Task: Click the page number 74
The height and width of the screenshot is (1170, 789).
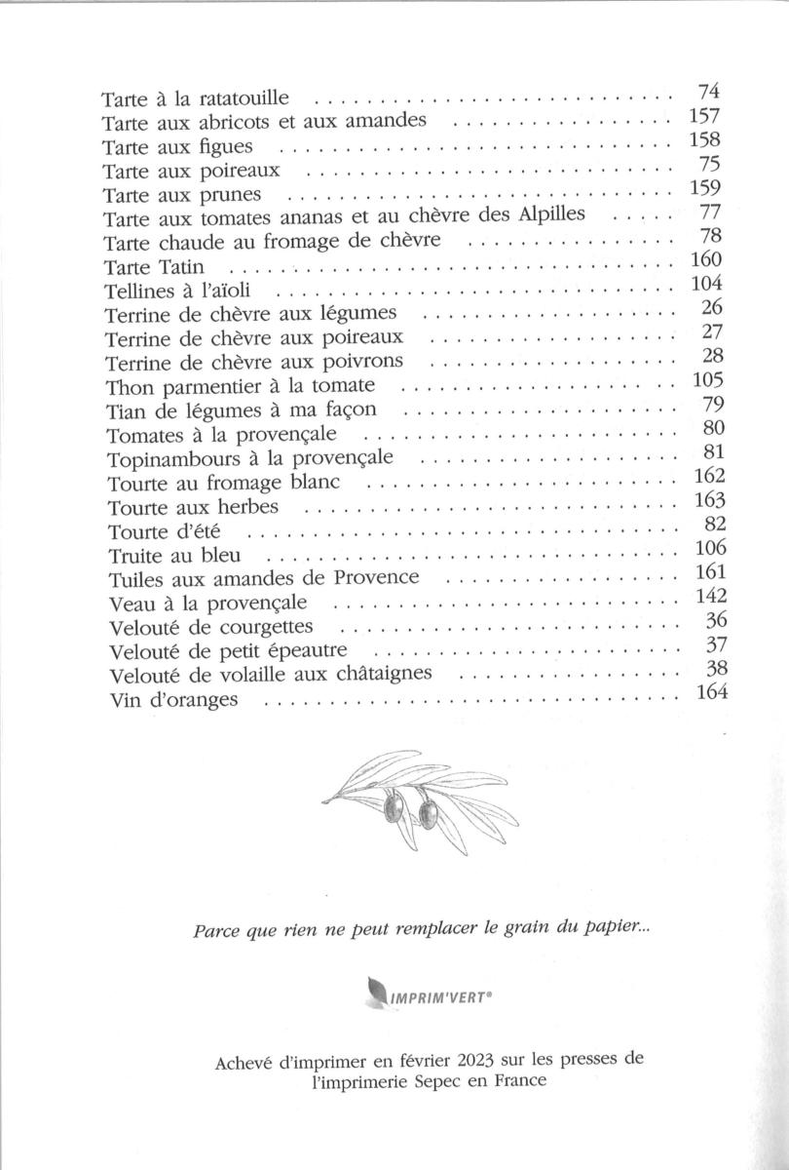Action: click(708, 93)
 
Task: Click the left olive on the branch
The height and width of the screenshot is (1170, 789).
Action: click(394, 804)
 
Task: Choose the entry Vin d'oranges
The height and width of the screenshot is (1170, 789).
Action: click(170, 700)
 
